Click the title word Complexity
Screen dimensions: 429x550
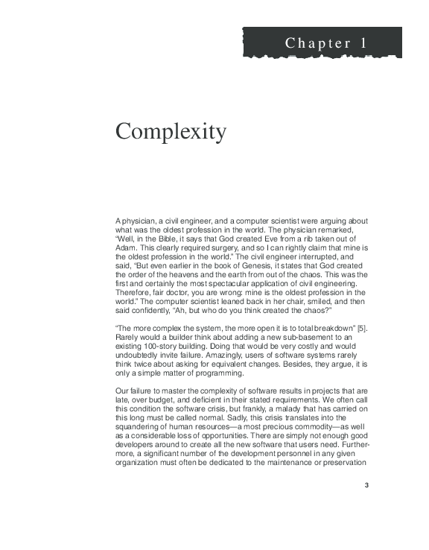171,132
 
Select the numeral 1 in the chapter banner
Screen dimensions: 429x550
363,43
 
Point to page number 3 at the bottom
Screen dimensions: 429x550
366,486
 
